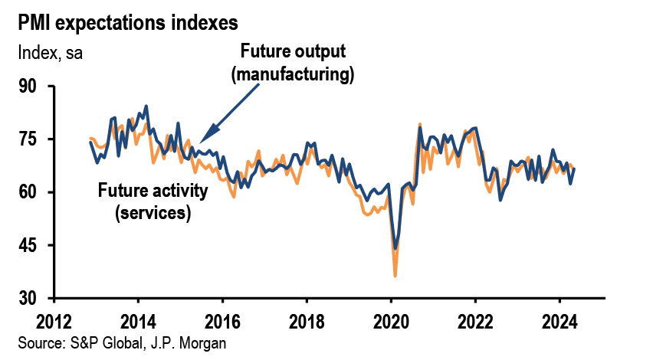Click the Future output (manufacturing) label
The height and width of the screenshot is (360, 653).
pyautogui.click(x=294, y=63)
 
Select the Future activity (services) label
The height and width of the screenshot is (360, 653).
pyautogui.click(x=153, y=201)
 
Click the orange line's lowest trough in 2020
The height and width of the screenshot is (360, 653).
pyautogui.click(x=395, y=275)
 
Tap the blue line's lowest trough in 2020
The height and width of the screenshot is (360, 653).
pyautogui.click(x=395, y=248)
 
